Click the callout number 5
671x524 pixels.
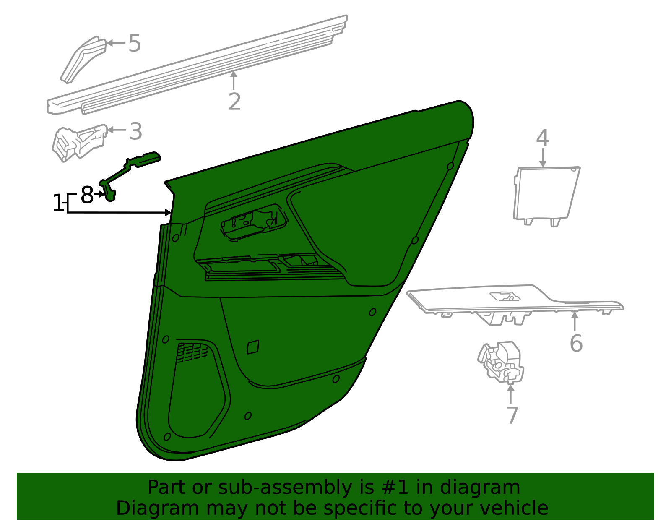[135, 43]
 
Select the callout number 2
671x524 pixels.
[235, 102]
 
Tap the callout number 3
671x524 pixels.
[136, 131]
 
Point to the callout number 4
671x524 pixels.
[543, 138]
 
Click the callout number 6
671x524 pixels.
[576, 343]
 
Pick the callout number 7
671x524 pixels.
[512, 415]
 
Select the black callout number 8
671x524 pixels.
[87, 195]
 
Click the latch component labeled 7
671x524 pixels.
[501, 362]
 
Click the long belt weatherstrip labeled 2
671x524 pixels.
[198, 64]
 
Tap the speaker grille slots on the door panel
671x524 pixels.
[192, 352]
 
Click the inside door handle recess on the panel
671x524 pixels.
[254, 222]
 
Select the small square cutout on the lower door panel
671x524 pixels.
[253, 347]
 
